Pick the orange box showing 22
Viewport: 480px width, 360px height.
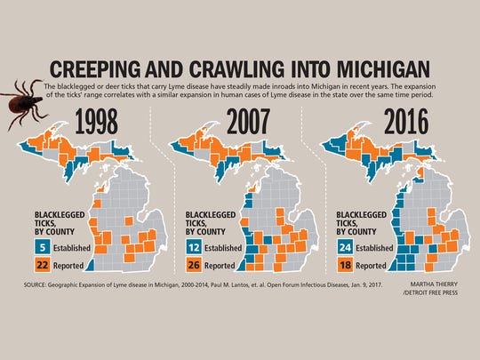click(43, 265)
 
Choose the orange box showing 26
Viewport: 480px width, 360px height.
click(195, 265)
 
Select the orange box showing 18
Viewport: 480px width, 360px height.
click(348, 265)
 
